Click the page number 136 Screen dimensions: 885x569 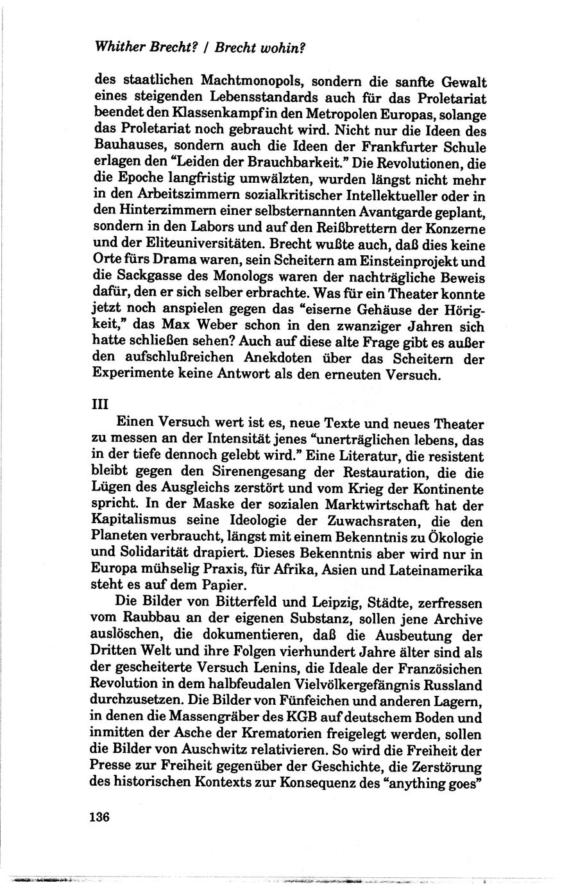tap(101, 817)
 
